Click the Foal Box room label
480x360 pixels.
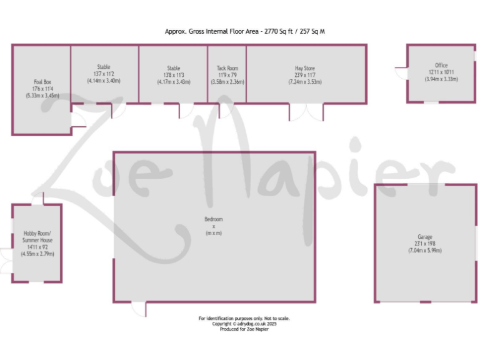click(42, 82)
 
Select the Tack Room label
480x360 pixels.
click(227, 68)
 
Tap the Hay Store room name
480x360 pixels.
click(305, 68)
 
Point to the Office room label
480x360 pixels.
click(441, 66)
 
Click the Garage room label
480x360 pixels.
click(425, 237)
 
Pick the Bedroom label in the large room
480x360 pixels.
click(214, 219)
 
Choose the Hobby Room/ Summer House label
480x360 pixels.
click(37, 236)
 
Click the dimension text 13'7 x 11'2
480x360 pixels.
click(104, 74)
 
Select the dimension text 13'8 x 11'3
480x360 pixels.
click(173, 75)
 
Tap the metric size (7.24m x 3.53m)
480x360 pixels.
click(305, 81)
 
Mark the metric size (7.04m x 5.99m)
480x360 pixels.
click(425, 251)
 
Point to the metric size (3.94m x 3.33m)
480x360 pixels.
click(441, 79)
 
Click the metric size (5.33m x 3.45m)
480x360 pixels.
click(42, 96)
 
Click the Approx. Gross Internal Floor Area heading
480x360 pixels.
click(245, 30)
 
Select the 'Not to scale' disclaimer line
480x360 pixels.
click(244, 318)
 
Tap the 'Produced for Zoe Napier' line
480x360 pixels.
click(244, 329)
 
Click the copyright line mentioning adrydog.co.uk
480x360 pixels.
click(244, 324)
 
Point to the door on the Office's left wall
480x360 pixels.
click(400, 67)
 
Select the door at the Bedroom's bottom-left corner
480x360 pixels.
click(138, 309)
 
